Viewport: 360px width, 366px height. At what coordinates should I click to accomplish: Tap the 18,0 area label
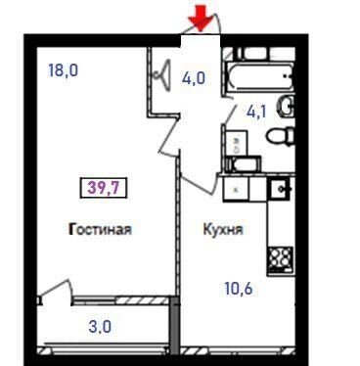tap(64, 70)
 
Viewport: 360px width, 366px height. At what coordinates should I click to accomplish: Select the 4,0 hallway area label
tap(194, 78)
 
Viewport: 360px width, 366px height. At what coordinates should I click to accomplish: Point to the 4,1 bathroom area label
tap(256, 112)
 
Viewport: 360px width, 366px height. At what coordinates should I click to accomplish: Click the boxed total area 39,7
tap(104, 188)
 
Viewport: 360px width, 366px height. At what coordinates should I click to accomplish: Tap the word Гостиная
tap(100, 229)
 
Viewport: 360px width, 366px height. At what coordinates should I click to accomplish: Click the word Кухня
tap(223, 229)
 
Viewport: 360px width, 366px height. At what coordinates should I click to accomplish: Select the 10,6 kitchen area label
tap(239, 289)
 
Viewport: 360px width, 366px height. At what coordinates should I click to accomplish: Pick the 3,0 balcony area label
tap(100, 327)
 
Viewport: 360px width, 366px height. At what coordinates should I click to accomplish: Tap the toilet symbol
tap(281, 136)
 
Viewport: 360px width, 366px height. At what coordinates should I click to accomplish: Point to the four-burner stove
tap(280, 259)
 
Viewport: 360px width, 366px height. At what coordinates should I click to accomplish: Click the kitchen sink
tap(280, 188)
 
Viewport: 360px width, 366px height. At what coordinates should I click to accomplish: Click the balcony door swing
tap(56, 291)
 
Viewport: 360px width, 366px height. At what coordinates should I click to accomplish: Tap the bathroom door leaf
tap(231, 114)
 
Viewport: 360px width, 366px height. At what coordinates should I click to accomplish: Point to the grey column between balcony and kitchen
tap(175, 325)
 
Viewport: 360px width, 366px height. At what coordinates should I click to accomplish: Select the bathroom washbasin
tap(287, 107)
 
